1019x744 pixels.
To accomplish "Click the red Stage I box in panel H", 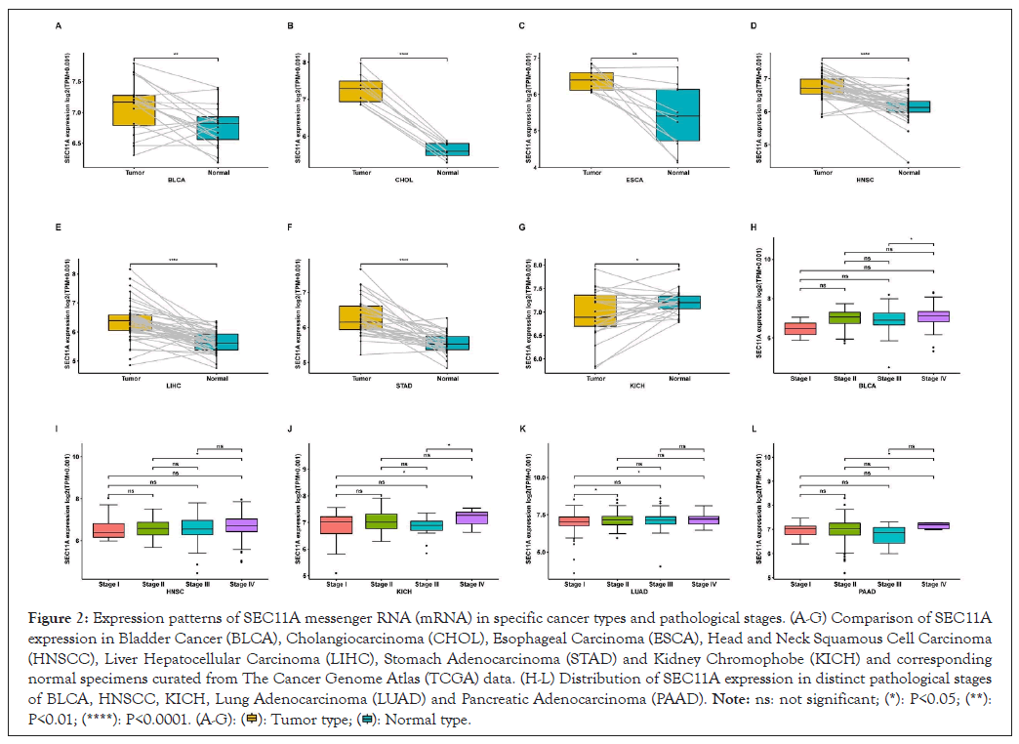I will tap(800, 328).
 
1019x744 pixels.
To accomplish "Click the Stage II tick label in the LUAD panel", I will tap(618, 584).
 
